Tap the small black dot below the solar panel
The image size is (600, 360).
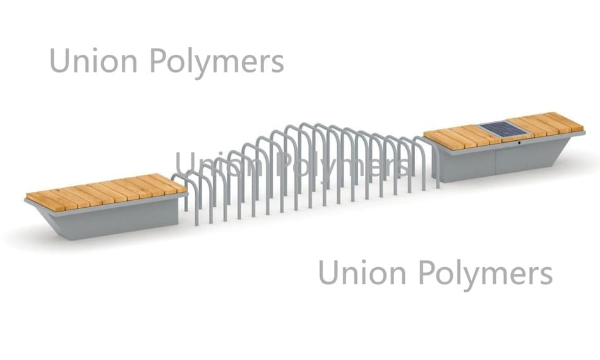(x=519, y=143)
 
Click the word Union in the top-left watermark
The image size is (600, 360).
(x=93, y=61)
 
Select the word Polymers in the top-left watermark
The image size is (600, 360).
(x=217, y=63)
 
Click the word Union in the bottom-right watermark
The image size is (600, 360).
(x=362, y=272)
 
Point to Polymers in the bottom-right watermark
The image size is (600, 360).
(x=486, y=274)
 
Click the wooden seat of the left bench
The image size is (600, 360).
(x=106, y=192)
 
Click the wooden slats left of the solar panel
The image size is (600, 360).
(x=459, y=137)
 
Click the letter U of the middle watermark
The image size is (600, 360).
(x=184, y=164)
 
